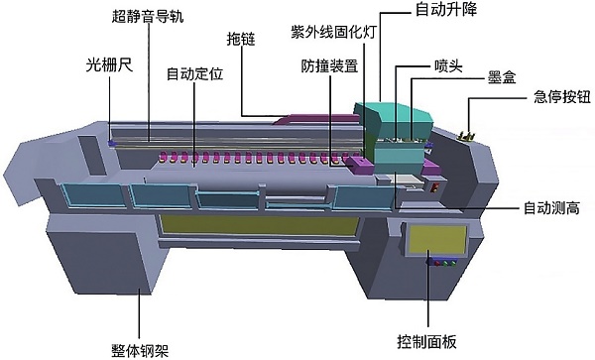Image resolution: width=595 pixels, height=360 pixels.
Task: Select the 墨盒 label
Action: pos(502,76)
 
